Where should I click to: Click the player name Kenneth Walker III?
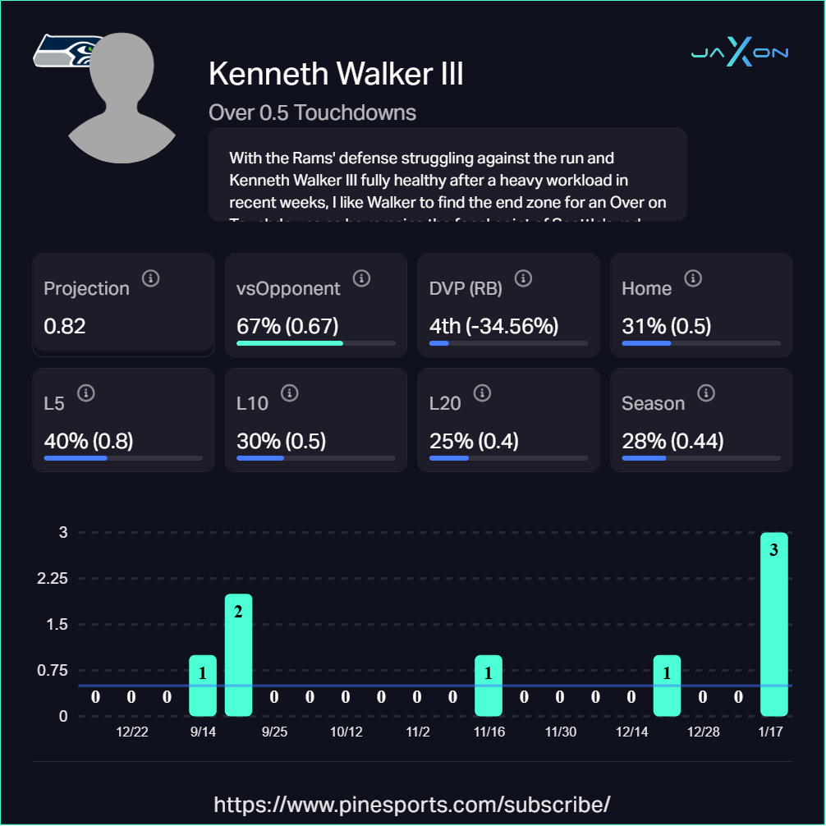336,74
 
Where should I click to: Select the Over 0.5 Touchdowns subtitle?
312,112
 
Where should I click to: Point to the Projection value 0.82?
65,326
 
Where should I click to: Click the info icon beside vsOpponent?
361,279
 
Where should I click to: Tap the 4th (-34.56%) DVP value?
493,326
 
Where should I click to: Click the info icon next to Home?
693,279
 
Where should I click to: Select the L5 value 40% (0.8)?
89,441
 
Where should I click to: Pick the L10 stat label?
252,403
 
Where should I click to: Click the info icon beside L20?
482,394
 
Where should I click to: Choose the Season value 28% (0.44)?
672,441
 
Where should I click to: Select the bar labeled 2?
238,654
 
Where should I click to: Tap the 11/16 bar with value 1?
489,685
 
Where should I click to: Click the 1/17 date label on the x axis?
770,732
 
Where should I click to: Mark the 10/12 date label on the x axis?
346,732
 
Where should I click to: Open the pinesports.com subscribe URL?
412,803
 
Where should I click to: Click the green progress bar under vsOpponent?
290,342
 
